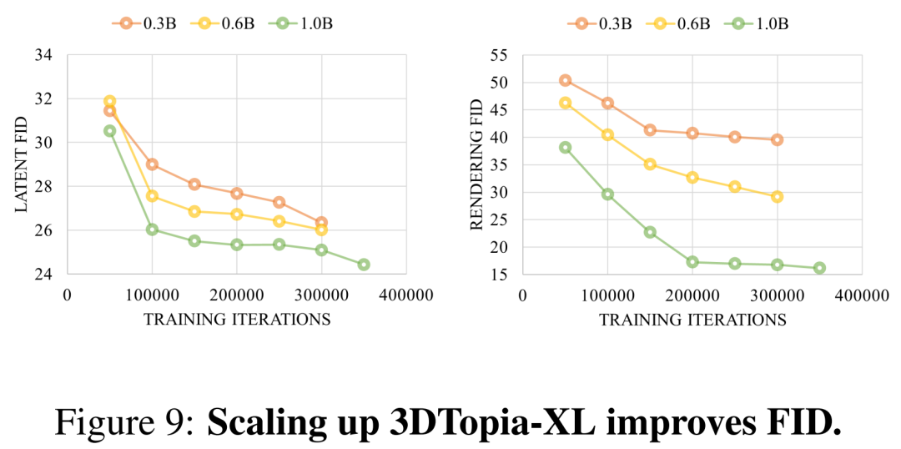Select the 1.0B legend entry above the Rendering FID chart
[760, 23]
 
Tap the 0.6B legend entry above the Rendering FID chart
[677, 23]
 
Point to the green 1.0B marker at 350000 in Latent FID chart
[363, 265]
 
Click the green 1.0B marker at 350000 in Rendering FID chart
[819, 268]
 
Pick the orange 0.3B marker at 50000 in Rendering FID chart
[565, 80]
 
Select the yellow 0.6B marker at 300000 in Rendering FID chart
[777, 197]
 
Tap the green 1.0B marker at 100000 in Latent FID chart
[152, 230]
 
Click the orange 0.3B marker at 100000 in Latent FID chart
[152, 164]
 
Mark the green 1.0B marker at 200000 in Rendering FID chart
[692, 262]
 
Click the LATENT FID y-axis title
[22, 164]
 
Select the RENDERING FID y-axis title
[476, 164]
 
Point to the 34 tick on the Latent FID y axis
[43, 55]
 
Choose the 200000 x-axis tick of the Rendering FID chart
[692, 295]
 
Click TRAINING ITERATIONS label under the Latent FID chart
[237, 319]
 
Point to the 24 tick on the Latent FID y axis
[43, 274]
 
